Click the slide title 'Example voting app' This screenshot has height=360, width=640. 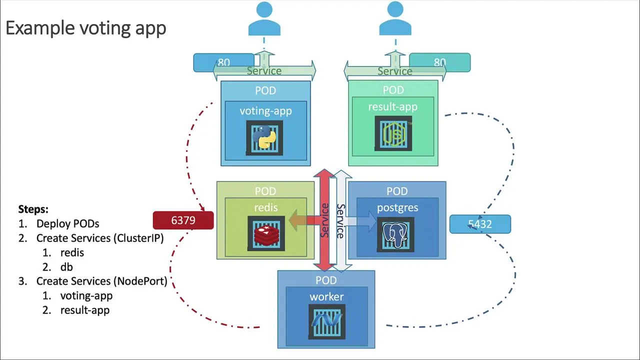85,28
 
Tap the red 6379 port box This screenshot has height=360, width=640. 183,220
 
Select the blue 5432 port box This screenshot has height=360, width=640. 480,224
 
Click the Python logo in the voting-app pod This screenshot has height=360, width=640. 264,137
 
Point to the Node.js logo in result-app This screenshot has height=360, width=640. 393,133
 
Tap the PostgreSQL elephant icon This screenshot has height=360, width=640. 395,234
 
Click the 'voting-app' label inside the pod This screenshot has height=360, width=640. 265,111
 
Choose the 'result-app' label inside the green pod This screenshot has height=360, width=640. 392,107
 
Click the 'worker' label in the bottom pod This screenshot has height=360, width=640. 326,297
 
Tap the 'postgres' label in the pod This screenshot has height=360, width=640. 397,207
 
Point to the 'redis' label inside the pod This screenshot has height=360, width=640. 265,207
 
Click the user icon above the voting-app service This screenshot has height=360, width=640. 264,20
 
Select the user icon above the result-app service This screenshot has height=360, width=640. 395,20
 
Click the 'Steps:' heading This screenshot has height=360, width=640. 33,209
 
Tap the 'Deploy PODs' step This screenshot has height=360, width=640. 67,223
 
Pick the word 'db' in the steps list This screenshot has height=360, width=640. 66,267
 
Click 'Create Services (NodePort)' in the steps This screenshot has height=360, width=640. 101,281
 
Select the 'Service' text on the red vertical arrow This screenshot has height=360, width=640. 325,220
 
